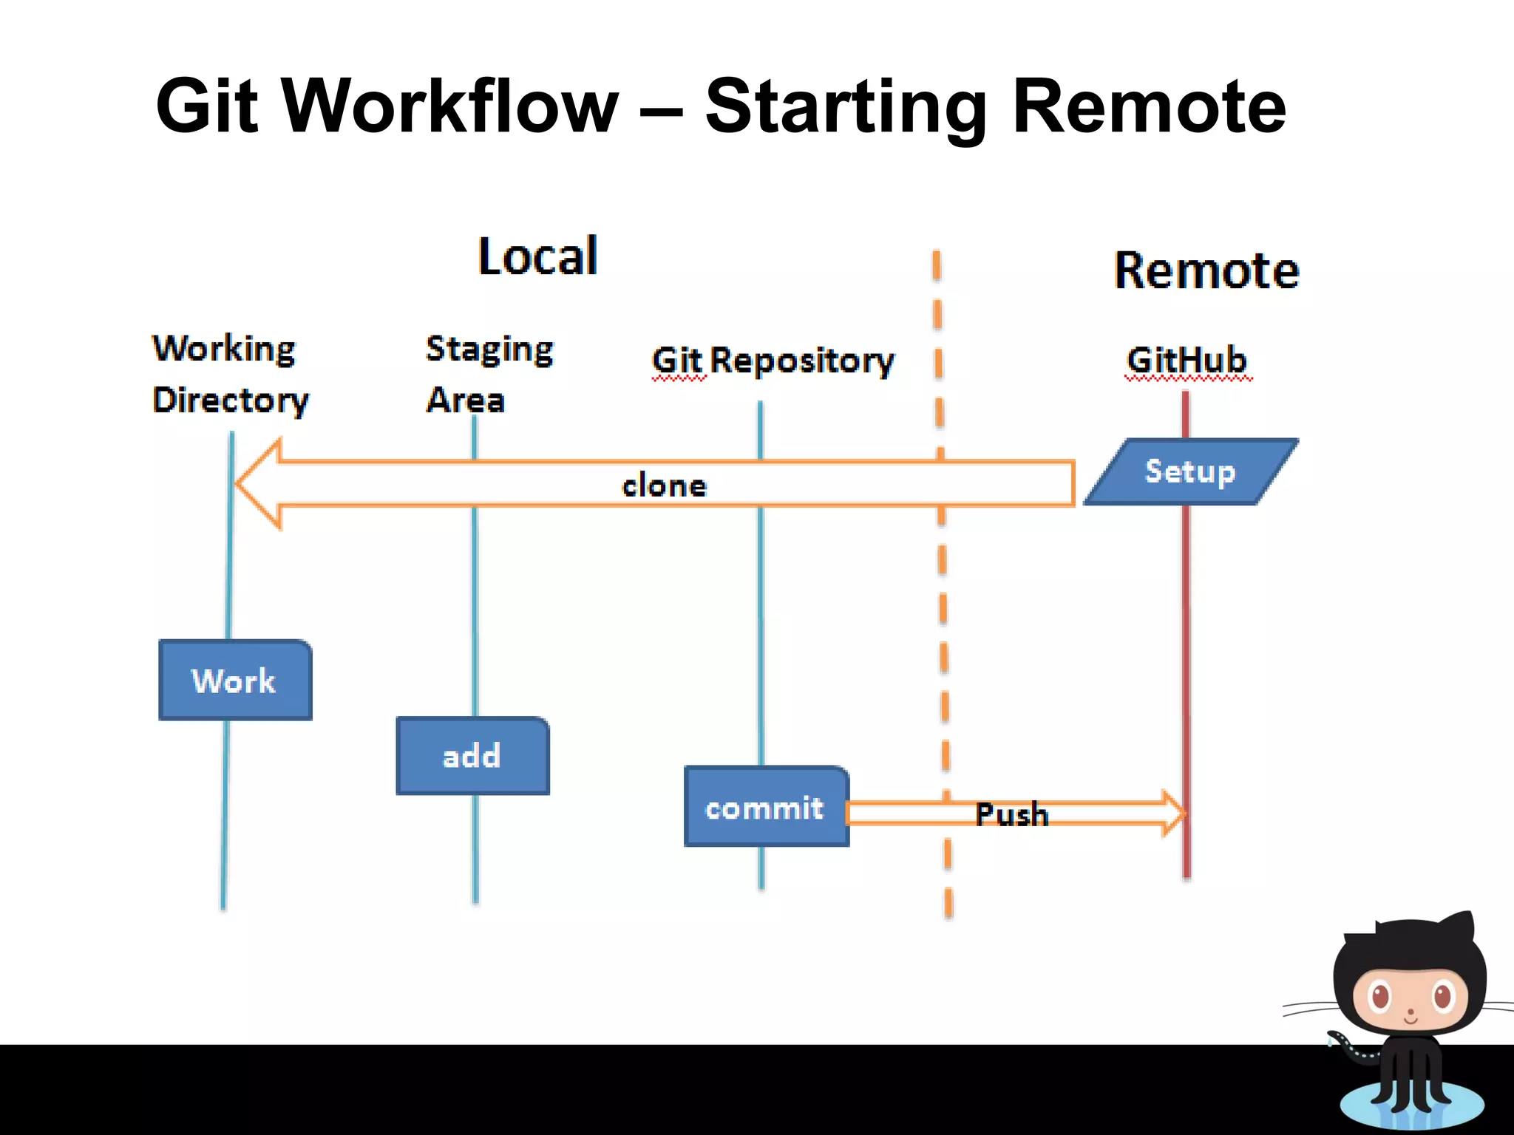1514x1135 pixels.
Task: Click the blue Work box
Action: tap(235, 680)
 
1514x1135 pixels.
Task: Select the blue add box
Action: tap(472, 756)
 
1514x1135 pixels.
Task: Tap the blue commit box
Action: tap(766, 807)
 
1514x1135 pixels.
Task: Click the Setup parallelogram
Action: tap(1190, 471)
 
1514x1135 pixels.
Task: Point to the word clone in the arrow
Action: tap(664, 485)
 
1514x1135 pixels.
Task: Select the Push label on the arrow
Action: tap(1011, 814)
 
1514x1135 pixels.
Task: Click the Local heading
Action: tap(537, 256)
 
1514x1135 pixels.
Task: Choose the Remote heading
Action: tap(1206, 270)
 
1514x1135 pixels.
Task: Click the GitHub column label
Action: tap(1187, 360)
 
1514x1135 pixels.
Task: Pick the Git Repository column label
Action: tap(773, 361)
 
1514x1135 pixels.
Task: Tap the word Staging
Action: tap(489, 349)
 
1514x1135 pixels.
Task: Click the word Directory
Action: tap(230, 400)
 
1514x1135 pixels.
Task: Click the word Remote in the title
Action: tap(1149, 106)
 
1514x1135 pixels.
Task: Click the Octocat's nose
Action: tap(1411, 1012)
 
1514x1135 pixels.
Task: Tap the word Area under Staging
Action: tap(465, 400)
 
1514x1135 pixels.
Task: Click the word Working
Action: tap(223, 348)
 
